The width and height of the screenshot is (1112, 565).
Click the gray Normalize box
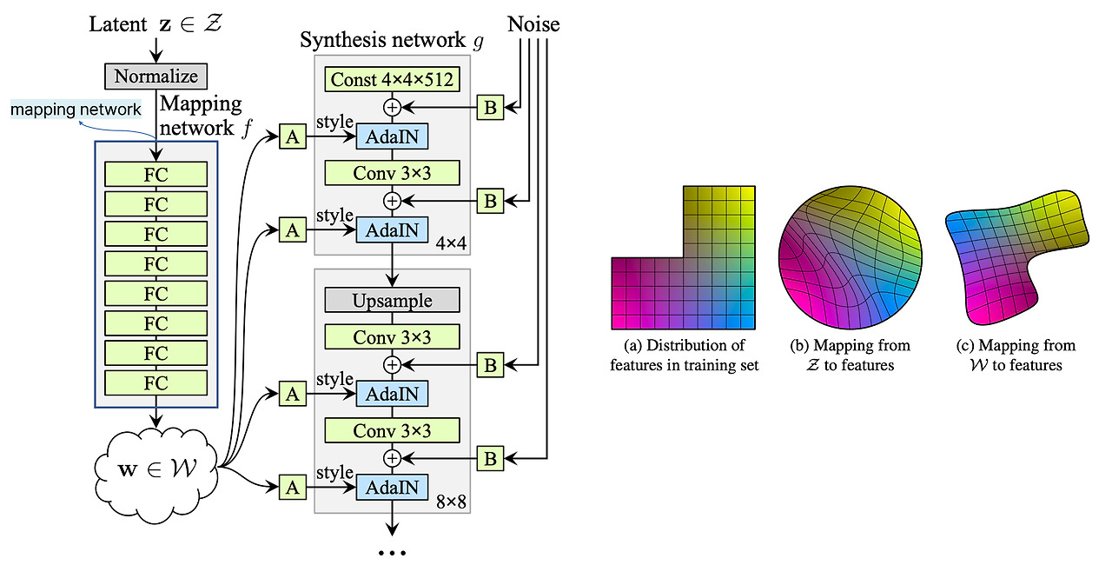click(x=156, y=76)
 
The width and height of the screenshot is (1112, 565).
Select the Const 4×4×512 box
click(x=392, y=80)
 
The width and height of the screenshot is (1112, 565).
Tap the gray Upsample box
click(x=392, y=301)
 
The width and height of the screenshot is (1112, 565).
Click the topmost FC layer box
click(x=156, y=175)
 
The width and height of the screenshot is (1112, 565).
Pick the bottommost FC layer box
click(x=156, y=382)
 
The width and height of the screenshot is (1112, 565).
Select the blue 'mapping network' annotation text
click(x=76, y=110)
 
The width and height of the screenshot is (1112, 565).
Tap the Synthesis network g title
click(x=391, y=40)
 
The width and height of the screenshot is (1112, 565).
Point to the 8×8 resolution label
click(x=451, y=501)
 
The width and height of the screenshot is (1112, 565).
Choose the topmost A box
click(x=293, y=136)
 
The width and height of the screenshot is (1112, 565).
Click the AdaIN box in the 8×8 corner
click(x=392, y=488)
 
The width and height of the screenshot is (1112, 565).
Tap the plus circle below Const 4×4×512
click(x=392, y=108)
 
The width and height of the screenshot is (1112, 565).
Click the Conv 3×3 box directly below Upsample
click(x=392, y=336)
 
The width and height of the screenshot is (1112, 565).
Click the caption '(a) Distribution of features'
click(x=684, y=356)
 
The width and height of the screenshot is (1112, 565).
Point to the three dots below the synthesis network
click(x=392, y=552)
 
